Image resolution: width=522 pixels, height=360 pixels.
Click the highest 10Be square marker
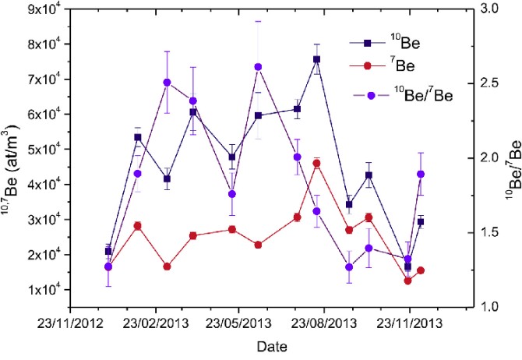pyautogui.click(x=317, y=59)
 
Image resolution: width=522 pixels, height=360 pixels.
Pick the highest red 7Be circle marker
pyautogui.click(x=317, y=163)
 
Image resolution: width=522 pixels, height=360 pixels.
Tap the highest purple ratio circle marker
pyautogui.click(x=258, y=67)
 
